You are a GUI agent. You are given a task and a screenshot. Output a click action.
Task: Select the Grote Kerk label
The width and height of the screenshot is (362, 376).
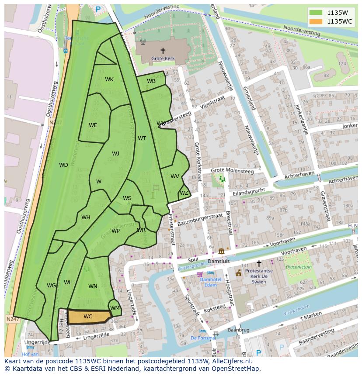coord(163,58)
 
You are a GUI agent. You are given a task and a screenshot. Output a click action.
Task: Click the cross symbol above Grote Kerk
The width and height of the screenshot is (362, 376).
coord(163,51)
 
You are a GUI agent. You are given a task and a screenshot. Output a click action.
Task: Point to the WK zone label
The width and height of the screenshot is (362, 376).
coord(109,79)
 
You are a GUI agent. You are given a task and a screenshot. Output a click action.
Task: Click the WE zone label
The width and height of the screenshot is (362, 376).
coord(93,125)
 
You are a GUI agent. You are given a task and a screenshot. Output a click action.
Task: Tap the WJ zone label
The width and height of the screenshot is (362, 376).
coord(115,154)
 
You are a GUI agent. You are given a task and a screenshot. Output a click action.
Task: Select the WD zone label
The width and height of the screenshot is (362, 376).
coord(63,165)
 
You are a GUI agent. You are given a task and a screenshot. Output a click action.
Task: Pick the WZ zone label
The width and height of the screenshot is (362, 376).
coord(184,193)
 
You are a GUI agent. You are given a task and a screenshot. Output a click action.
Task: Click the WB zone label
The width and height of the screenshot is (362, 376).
coord(151,81)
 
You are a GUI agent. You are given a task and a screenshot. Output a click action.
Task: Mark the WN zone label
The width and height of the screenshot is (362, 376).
coord(93,286)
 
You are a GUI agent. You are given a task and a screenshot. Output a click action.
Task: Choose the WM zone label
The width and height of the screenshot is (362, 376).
coord(115,308)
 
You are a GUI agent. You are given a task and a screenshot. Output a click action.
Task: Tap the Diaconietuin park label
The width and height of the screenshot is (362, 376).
coord(299,267)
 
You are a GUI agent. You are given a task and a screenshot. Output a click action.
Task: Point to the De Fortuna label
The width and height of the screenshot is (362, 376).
coord(202,338)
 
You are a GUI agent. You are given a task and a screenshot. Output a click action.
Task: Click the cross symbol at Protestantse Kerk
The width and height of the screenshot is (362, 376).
coord(259,263)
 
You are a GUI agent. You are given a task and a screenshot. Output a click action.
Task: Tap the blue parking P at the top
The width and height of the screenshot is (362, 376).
coord(98,9)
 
